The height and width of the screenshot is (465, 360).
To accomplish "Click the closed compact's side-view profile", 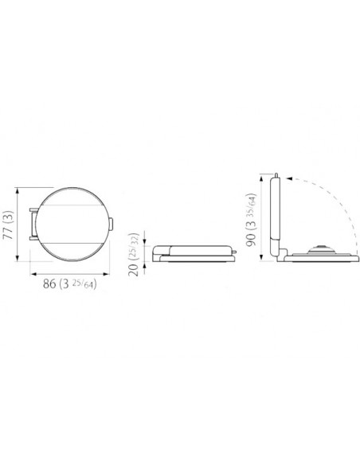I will (196, 252).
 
